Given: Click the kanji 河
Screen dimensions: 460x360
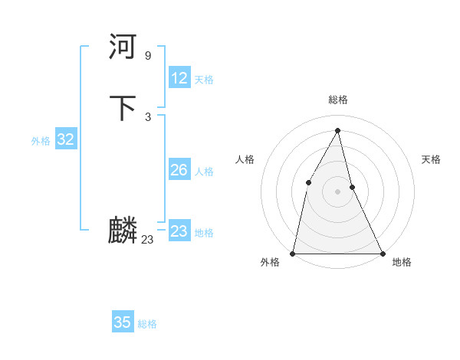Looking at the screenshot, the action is pos(123,47).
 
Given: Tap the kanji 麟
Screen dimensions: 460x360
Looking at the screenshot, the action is pos(123,231).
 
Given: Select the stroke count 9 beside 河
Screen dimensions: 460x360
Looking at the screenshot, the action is pos(147,56).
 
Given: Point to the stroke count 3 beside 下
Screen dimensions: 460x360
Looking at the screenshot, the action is pos(147,117).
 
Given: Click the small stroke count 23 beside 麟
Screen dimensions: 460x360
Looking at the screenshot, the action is pos(147,240).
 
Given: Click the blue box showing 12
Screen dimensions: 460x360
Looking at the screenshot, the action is pos(179,78).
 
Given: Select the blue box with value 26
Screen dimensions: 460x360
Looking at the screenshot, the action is pos(179,170).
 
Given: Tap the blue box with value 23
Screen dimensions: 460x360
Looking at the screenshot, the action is pos(179,231).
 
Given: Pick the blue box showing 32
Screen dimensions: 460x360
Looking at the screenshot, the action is pos(65,139).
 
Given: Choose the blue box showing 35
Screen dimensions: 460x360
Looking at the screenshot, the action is pos(123,322).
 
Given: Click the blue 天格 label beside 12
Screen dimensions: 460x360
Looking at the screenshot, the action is pos(204,80).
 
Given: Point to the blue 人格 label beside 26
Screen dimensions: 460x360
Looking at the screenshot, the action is pos(204,172).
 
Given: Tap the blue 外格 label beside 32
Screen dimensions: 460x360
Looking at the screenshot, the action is pos(41,141).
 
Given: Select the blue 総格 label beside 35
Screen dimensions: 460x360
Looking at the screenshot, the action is pos(147,324).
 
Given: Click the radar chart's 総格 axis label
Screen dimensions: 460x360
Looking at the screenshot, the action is pos(338,100).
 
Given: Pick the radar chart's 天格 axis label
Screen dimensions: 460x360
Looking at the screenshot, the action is pos(432,159).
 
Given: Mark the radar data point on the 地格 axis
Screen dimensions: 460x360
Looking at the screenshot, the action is pos(382,254).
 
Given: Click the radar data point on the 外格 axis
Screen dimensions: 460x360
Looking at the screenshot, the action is pos(293,254).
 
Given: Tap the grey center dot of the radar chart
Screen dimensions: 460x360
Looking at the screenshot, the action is pos(337,191).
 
